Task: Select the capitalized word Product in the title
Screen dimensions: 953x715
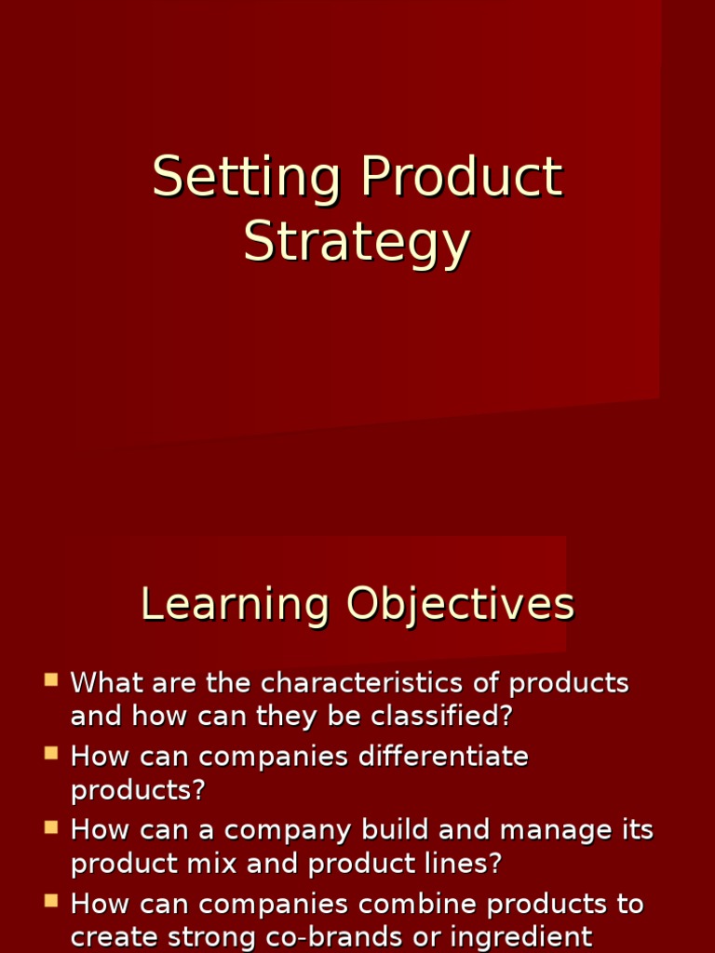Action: [x=462, y=177]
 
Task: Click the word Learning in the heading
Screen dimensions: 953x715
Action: [x=235, y=605]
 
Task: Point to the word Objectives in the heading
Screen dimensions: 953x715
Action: [x=461, y=605]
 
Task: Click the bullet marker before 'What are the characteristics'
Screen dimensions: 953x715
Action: [x=51, y=679]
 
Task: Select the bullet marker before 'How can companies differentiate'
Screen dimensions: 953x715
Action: [x=51, y=753]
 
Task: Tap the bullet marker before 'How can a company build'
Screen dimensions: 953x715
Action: [x=51, y=826]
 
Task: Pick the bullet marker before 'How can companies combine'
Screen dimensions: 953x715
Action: [x=51, y=900]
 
